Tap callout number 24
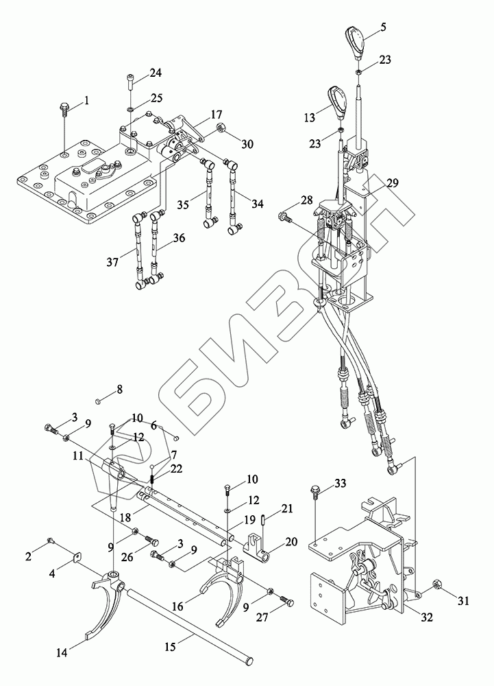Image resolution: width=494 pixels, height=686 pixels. click(156, 73)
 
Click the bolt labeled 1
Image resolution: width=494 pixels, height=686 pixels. click(64, 107)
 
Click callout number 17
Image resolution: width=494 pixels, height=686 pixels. click(217, 113)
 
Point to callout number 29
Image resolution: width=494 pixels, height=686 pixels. click(391, 183)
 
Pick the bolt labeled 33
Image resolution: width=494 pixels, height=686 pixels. click(314, 490)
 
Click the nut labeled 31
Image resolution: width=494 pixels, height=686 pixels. click(436, 585)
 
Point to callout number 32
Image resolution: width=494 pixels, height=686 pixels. click(427, 617)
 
